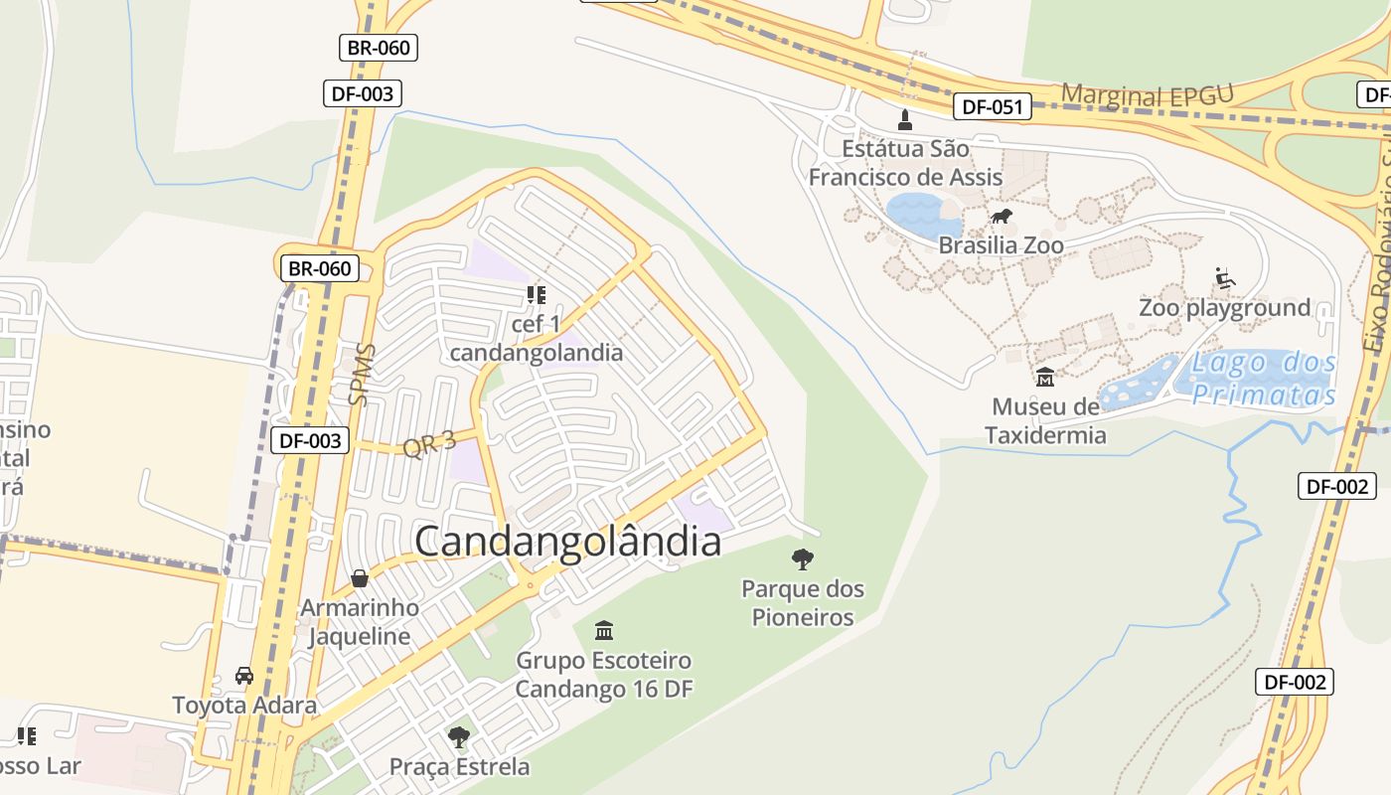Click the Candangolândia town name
[x=567, y=543]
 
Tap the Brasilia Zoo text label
[x=1001, y=244]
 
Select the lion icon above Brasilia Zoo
[x=1001, y=217]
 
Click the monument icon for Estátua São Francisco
[x=904, y=120]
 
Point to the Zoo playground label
[x=1224, y=308]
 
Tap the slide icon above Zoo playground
[x=1225, y=278]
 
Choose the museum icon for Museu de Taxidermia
[x=1045, y=378]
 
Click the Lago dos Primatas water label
[x=1264, y=379]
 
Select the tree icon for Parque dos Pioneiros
[x=802, y=559]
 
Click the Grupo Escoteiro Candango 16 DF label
[x=603, y=674]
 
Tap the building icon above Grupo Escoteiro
[x=603, y=630]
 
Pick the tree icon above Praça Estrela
[x=458, y=737]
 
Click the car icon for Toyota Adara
[x=244, y=676]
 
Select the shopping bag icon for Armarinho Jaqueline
[x=360, y=578]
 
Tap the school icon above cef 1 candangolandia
[x=537, y=295]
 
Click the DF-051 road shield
[x=993, y=107]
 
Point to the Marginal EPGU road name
[x=1147, y=95]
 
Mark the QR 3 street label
[x=428, y=443]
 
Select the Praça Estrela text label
[x=459, y=766]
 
